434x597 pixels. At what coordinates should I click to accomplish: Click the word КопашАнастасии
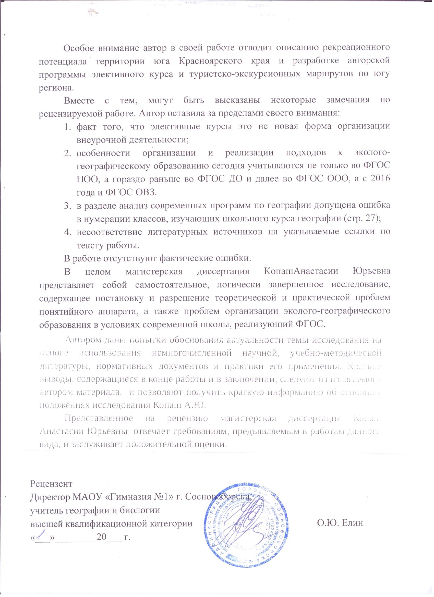click(x=300, y=271)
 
